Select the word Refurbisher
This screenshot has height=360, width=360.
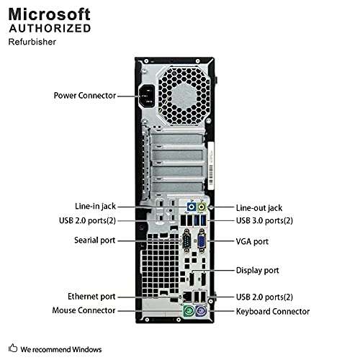tap(33, 42)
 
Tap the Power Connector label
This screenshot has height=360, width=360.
tap(84, 94)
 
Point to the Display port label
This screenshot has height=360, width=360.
tap(259, 270)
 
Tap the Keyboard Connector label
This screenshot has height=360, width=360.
tap(273, 312)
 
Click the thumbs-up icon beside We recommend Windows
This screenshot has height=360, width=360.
tap(12, 348)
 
